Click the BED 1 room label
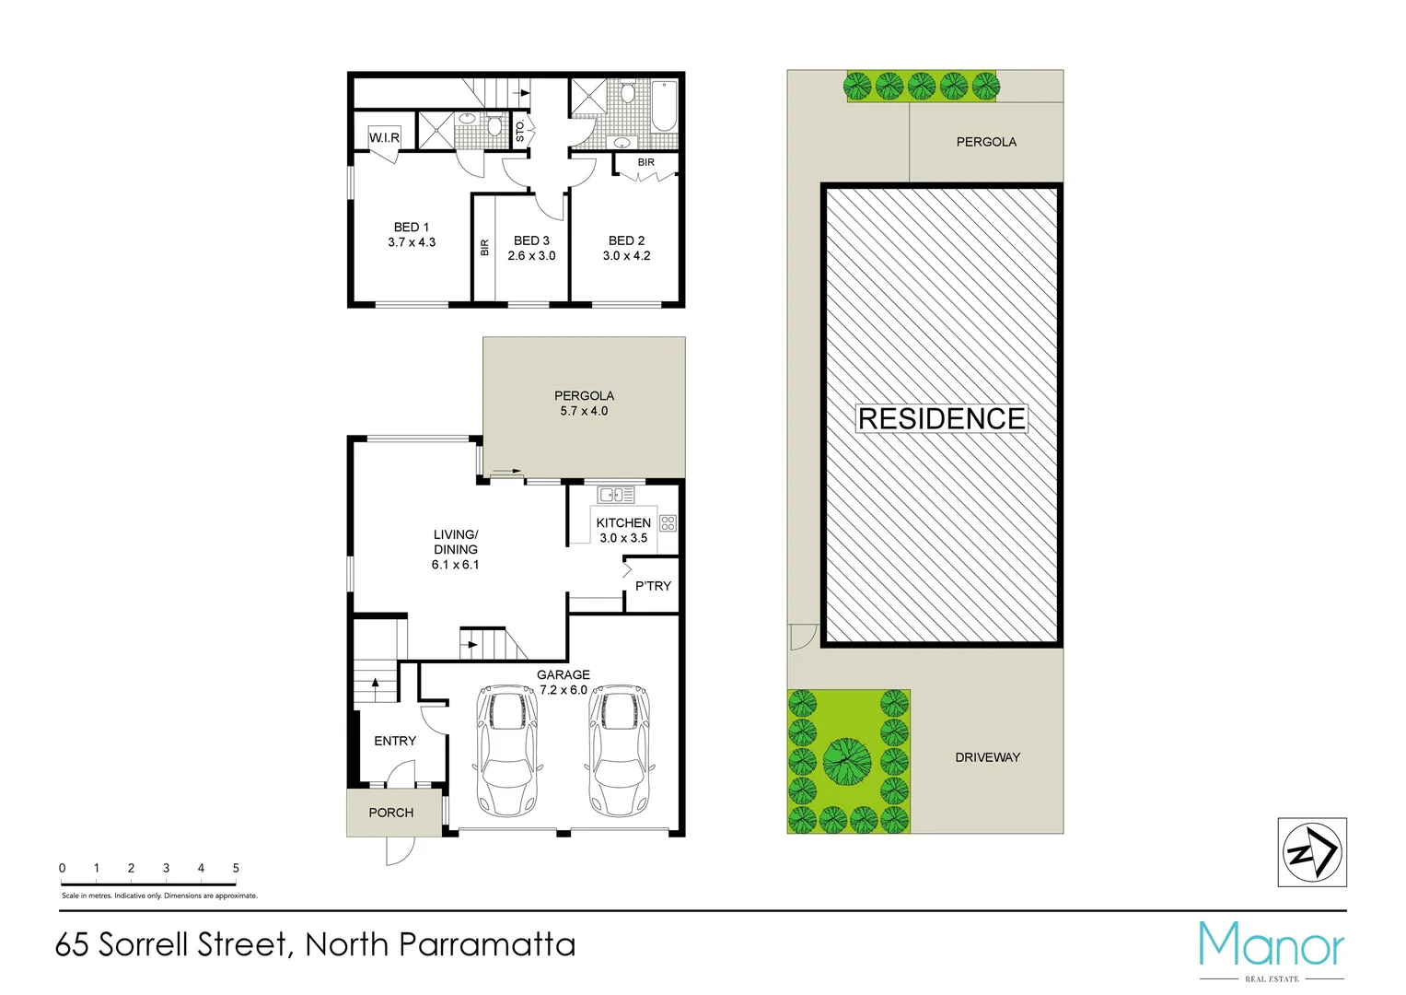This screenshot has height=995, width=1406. (x=411, y=227)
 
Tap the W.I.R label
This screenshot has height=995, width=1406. (x=384, y=138)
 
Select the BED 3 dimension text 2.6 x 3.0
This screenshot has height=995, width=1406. (x=531, y=256)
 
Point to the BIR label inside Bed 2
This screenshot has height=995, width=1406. (x=646, y=162)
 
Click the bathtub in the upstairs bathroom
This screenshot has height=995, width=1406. (x=663, y=107)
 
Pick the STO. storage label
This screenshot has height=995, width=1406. (x=520, y=131)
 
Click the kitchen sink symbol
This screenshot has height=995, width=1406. (x=616, y=495)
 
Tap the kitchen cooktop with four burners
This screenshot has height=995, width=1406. (x=668, y=523)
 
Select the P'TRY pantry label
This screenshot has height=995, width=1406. (x=653, y=586)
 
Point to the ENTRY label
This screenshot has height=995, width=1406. (x=395, y=741)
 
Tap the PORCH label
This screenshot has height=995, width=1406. (x=391, y=813)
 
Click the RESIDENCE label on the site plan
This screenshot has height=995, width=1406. (x=941, y=419)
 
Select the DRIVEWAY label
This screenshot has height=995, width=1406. (x=987, y=757)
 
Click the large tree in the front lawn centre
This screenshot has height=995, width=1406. (x=847, y=761)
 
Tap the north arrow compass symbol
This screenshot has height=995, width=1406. (x=1312, y=852)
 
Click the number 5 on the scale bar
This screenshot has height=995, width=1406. (x=236, y=868)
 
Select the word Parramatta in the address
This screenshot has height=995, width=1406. (x=488, y=944)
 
